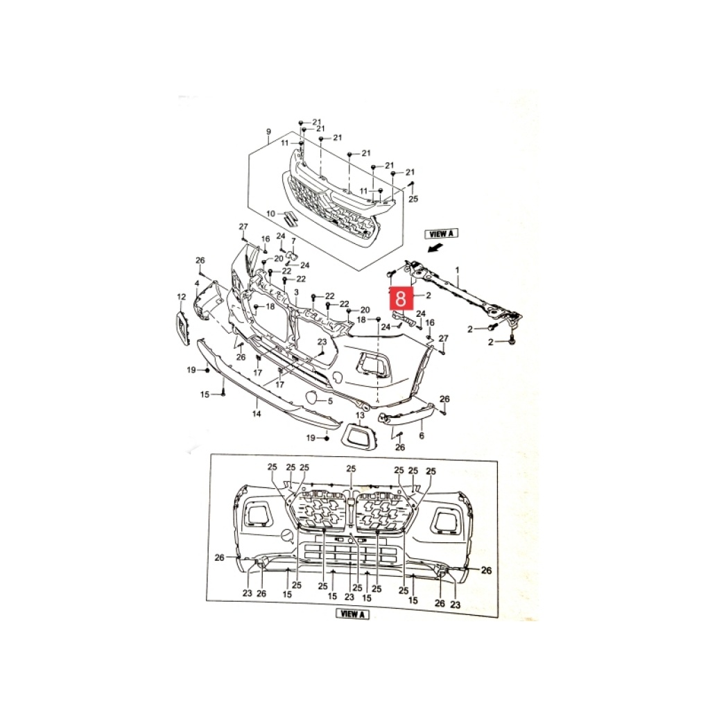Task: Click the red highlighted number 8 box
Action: [x=401, y=299]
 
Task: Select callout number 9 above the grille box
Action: [x=268, y=132]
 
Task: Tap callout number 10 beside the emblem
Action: [x=271, y=214]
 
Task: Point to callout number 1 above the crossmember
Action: [x=458, y=270]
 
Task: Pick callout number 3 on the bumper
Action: [x=297, y=293]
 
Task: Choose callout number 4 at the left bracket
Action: [x=197, y=284]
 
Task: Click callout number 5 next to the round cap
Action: [x=331, y=401]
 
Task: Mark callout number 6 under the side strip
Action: [x=422, y=435]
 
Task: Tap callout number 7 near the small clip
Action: [x=293, y=241]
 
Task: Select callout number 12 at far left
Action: [x=181, y=297]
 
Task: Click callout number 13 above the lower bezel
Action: [x=360, y=415]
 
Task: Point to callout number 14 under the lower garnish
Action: [x=257, y=413]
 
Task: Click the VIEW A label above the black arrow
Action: [x=442, y=234]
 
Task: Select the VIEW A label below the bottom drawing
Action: [x=352, y=614]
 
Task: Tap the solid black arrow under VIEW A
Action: [x=435, y=248]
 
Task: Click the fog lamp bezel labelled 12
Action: [x=182, y=328]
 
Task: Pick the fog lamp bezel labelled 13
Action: [x=358, y=435]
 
